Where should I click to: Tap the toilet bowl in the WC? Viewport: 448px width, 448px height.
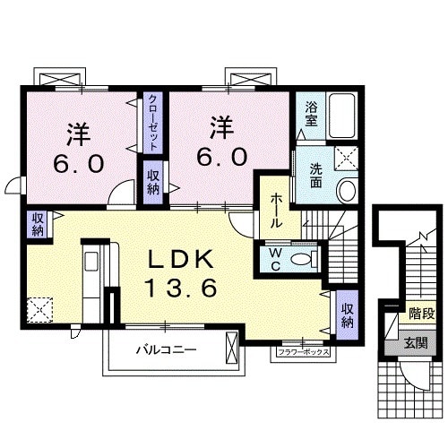point(305,259)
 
